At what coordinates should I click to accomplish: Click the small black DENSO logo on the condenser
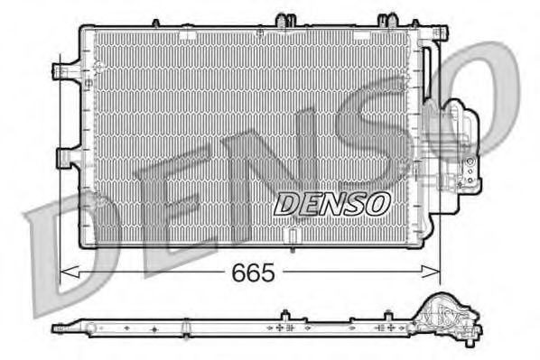tap(331, 204)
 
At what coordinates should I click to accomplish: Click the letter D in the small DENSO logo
tap(287, 204)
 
